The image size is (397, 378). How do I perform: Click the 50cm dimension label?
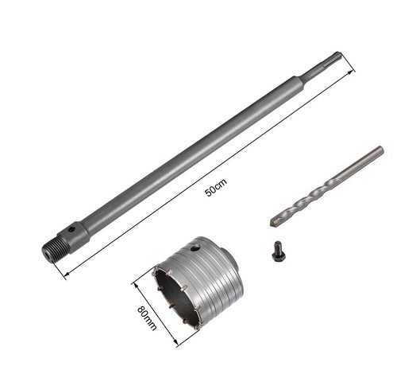pos(216,188)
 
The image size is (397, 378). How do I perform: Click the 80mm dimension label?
pos(147,318)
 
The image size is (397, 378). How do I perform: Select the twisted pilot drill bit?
pos(327,186)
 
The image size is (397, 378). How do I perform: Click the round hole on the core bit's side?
pos(195,249)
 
